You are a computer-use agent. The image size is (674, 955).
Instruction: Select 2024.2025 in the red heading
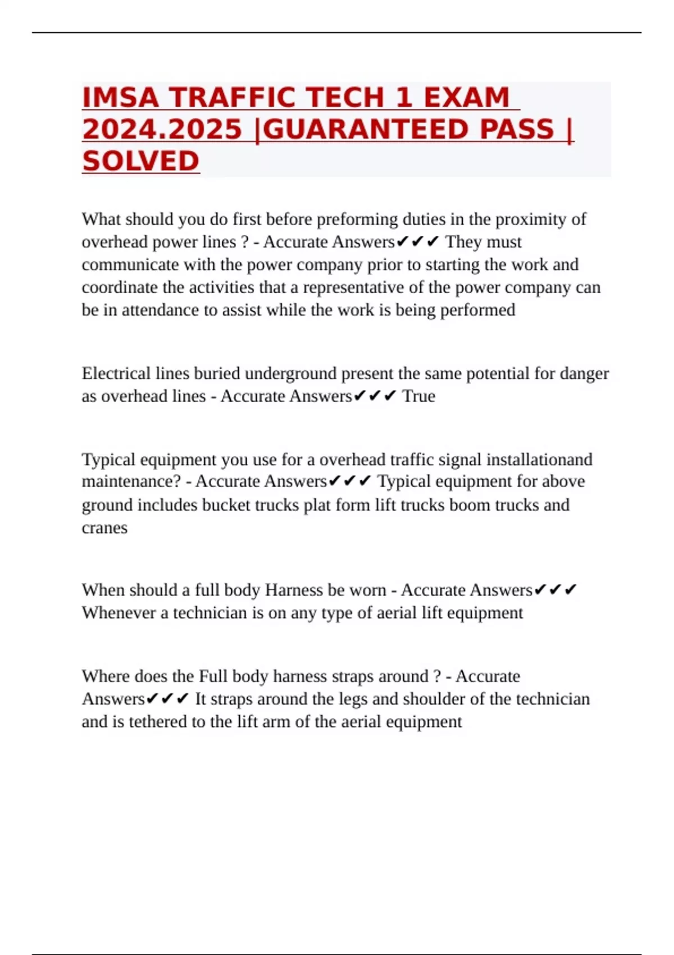click(x=162, y=129)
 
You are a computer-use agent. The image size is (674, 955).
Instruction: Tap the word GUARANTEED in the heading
click(x=365, y=129)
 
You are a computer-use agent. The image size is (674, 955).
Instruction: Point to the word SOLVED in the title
click(x=140, y=161)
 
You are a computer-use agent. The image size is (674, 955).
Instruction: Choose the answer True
click(x=418, y=396)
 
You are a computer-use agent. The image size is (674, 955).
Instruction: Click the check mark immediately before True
click(x=390, y=396)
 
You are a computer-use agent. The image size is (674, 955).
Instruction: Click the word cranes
click(x=104, y=528)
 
